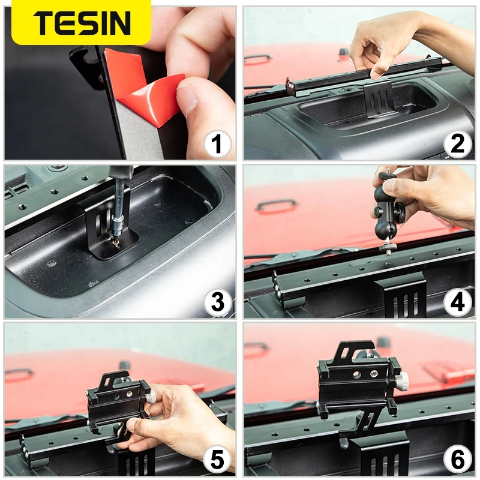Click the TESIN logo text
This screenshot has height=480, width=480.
click(82, 22)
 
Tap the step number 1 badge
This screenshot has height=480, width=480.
click(218, 143)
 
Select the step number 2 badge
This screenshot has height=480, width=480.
click(457, 144)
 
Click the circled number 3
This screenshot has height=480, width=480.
click(218, 302)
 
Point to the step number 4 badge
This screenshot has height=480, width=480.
click(457, 302)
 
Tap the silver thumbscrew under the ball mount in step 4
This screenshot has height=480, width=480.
click(385, 248)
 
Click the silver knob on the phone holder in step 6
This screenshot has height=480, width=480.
click(401, 381)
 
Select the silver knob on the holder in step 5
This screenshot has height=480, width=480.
click(151, 397)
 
